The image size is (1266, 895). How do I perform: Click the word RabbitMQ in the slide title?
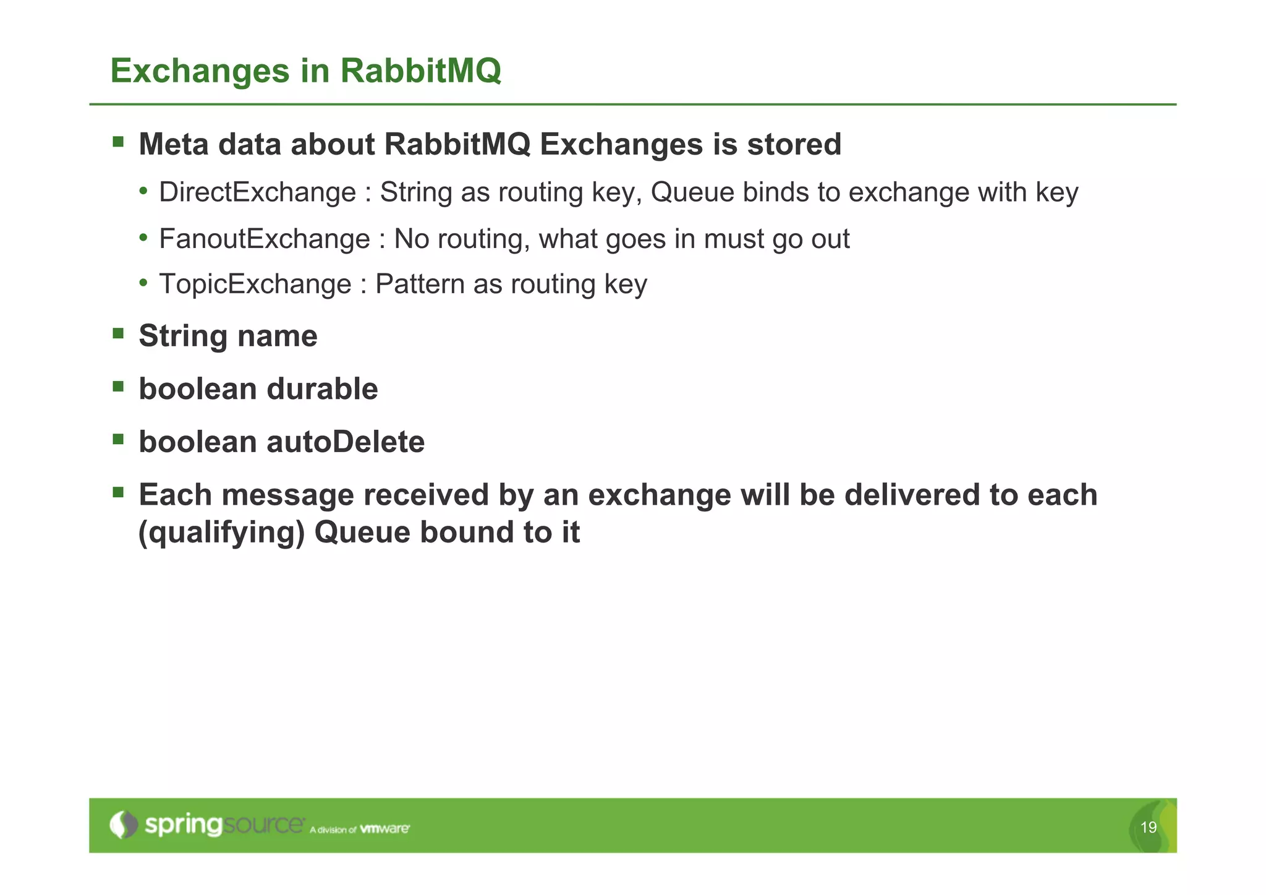(420, 71)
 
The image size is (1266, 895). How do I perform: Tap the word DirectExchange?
(257, 192)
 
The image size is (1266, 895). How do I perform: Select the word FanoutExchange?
(265, 239)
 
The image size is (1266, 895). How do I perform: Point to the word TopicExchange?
(255, 285)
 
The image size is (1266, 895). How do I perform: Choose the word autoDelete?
(346, 442)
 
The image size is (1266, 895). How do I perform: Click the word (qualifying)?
(221, 533)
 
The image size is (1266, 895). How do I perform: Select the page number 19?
(1148, 828)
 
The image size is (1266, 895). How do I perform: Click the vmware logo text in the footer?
(384, 828)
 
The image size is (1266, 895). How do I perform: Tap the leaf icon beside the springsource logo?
(124, 825)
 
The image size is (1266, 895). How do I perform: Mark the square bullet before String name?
(118, 334)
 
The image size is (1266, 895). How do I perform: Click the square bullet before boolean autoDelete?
(118, 440)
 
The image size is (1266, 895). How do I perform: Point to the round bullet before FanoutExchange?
(143, 238)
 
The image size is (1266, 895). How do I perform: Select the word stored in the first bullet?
(794, 145)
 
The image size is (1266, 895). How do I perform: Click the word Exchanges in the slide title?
(200, 71)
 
